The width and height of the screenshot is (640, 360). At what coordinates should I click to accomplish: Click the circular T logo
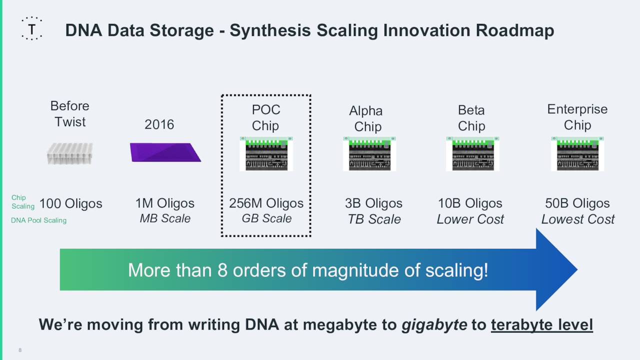[x=32, y=28]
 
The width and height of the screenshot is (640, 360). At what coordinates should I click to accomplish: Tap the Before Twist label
[x=70, y=114]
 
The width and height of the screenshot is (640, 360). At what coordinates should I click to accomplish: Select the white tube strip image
[x=70, y=153]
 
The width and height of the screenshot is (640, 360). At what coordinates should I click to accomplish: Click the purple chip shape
[x=165, y=152]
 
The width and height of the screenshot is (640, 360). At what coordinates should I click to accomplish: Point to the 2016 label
[x=159, y=124]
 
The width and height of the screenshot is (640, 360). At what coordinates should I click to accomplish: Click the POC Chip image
[x=266, y=154]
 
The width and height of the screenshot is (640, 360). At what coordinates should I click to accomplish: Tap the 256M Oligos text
[x=266, y=203]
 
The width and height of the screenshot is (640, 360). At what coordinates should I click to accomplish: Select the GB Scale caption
[x=266, y=219]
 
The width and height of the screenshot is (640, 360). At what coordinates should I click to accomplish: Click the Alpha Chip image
[x=369, y=154]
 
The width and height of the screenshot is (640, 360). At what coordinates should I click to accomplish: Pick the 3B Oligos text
[x=373, y=203]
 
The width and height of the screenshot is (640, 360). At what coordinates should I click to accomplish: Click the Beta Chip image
[x=472, y=154]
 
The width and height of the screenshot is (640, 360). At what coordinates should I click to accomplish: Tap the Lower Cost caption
[x=470, y=219]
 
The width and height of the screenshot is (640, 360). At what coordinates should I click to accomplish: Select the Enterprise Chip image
[x=577, y=154]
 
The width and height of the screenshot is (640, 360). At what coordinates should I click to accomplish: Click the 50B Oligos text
[x=577, y=203]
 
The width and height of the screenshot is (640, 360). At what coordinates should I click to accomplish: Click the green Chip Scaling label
[x=22, y=202]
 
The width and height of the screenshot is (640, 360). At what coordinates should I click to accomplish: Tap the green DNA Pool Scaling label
[x=38, y=220]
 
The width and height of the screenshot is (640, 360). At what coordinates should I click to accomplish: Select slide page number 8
[x=20, y=350]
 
